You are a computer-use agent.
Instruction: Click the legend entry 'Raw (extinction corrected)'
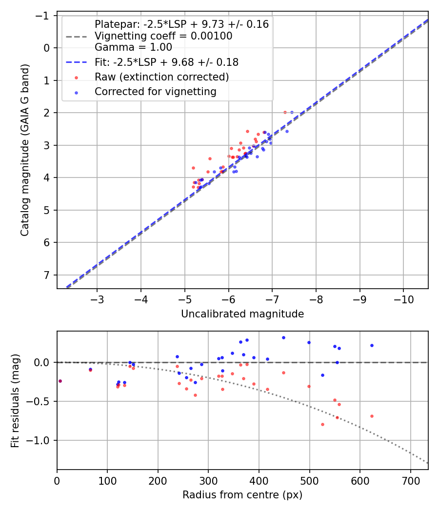(161, 77)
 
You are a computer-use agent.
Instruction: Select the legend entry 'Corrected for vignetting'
(155, 92)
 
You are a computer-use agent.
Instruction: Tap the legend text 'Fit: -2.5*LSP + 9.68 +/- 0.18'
(166, 62)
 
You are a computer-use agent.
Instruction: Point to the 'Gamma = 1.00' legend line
(133, 47)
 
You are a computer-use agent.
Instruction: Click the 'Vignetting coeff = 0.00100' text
(163, 36)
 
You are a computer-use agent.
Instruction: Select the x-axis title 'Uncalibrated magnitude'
(242, 314)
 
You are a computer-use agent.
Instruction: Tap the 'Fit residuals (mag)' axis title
(15, 401)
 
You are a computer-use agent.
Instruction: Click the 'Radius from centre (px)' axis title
(242, 495)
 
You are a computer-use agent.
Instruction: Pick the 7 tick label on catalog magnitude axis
(47, 275)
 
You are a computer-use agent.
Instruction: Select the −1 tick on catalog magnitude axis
(45, 16)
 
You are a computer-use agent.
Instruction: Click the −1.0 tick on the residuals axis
(41, 440)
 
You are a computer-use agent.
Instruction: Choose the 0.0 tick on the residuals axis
(44, 362)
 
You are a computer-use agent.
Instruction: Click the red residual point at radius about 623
(372, 416)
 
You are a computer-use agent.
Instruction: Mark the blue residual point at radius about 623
(372, 345)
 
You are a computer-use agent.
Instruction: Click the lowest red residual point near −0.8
(322, 424)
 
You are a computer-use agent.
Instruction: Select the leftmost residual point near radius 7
(60, 381)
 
